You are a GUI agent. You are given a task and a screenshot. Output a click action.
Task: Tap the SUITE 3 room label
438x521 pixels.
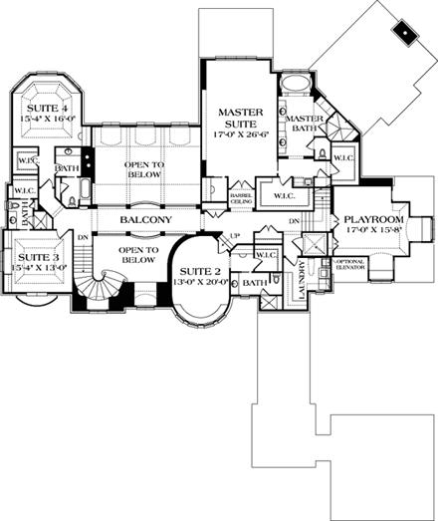pos(31,256)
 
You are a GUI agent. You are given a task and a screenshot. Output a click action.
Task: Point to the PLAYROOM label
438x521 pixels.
pos(372,219)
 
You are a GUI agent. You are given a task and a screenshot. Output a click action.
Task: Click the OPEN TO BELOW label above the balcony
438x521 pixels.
pos(143,168)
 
